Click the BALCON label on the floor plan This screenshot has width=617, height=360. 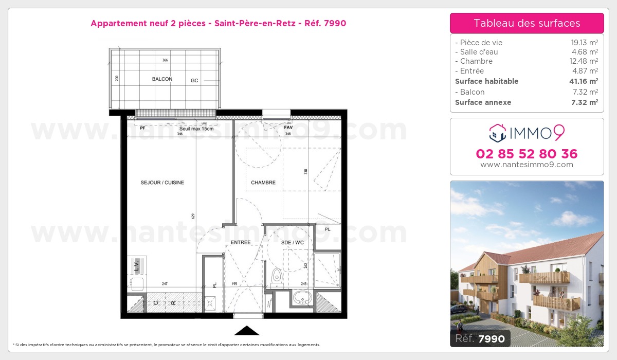coord(162,79)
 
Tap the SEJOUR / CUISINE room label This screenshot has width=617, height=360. coord(162,183)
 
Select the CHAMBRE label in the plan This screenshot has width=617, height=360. coord(263,183)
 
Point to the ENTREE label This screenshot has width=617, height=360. coord(241,242)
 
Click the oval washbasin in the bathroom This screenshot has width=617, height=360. coord(301,297)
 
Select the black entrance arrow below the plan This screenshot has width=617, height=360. coord(247,331)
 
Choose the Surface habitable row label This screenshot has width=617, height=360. coord(486,81)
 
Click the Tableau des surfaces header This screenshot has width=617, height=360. coord(527,23)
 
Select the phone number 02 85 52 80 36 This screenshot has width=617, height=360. coord(527,154)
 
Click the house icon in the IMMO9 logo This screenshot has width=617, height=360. coord(497,133)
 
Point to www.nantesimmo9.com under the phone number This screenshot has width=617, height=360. coord(527,165)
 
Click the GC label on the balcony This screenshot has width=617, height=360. coord(194,80)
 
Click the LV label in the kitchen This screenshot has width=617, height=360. coord(136,266)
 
